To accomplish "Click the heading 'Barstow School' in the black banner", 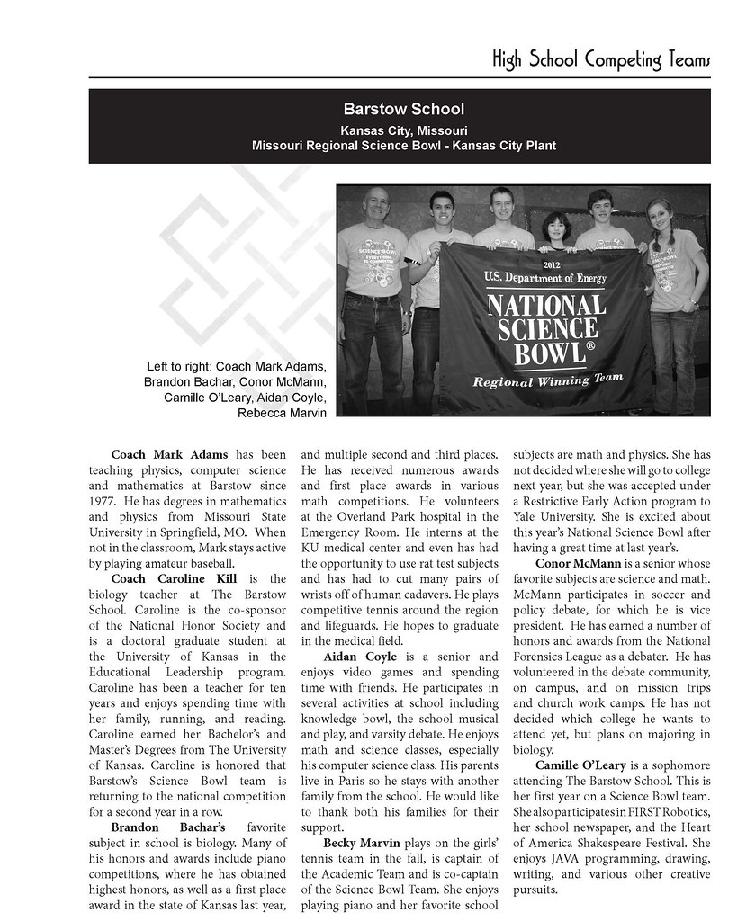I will (403, 110).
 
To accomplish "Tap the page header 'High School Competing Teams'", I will (601, 60).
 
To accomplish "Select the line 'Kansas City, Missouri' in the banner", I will (403, 130).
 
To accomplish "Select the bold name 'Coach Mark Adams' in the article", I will (169, 454).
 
